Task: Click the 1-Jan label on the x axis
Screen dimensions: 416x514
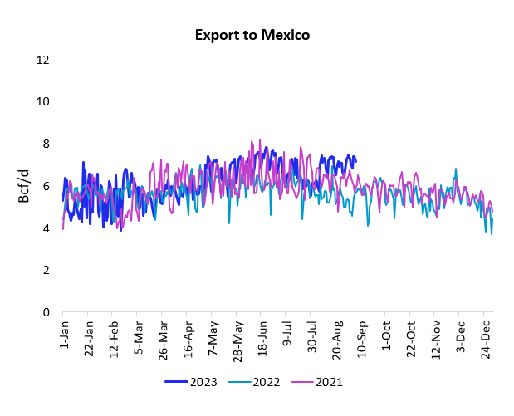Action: click(x=64, y=335)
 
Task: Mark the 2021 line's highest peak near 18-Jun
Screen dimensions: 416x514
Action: click(x=260, y=139)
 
